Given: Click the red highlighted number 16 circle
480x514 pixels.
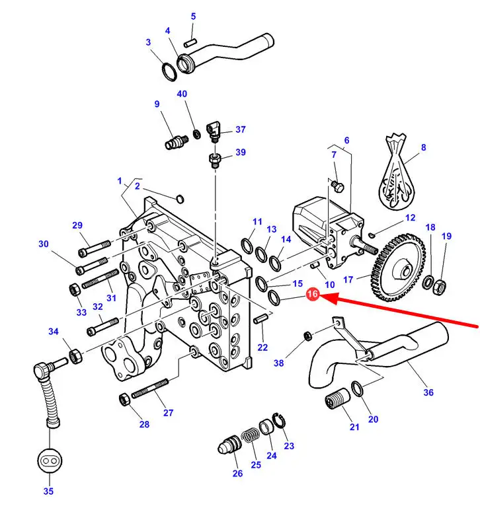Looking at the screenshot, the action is pos(312,294).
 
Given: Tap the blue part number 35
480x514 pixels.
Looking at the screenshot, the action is pos(48,491).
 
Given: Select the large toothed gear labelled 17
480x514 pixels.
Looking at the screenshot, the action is pos(398,268).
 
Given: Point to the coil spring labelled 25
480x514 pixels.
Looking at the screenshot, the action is pos(251,435).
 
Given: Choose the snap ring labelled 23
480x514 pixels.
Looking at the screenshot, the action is pos(279,421).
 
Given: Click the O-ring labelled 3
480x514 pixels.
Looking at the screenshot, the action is pos(170,72).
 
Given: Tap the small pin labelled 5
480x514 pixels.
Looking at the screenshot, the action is pos(190,42).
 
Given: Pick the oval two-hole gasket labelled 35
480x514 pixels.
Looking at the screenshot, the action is pos(50,460).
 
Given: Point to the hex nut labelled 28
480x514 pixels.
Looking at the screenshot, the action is pos(124,399).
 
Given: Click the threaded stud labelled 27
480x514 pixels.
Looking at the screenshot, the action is pos(150,388).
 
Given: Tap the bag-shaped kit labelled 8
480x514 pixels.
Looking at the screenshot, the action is pos(395,172).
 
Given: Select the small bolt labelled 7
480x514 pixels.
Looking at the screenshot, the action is pos(338,186).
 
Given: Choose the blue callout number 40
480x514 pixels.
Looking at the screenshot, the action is pos(182,94).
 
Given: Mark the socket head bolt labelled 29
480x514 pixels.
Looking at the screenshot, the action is pos(95,248).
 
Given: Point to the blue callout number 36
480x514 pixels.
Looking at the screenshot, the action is pos(428,392).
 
